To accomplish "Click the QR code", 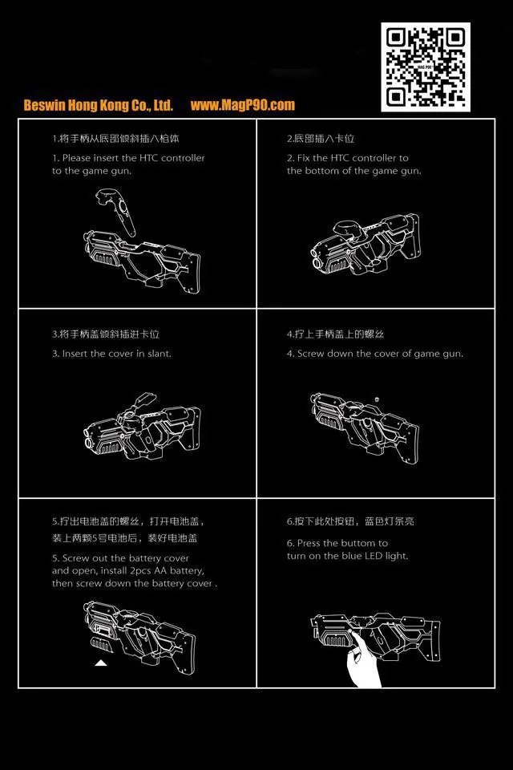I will pos(425,67).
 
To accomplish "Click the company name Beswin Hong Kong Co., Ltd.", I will pos(99,105).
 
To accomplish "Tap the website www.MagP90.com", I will pos(243,105).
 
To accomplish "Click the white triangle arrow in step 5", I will pos(100,663).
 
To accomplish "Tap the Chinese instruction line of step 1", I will pos(115,139).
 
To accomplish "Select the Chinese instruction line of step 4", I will pos(335,334).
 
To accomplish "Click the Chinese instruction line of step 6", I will pos(350,521).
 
